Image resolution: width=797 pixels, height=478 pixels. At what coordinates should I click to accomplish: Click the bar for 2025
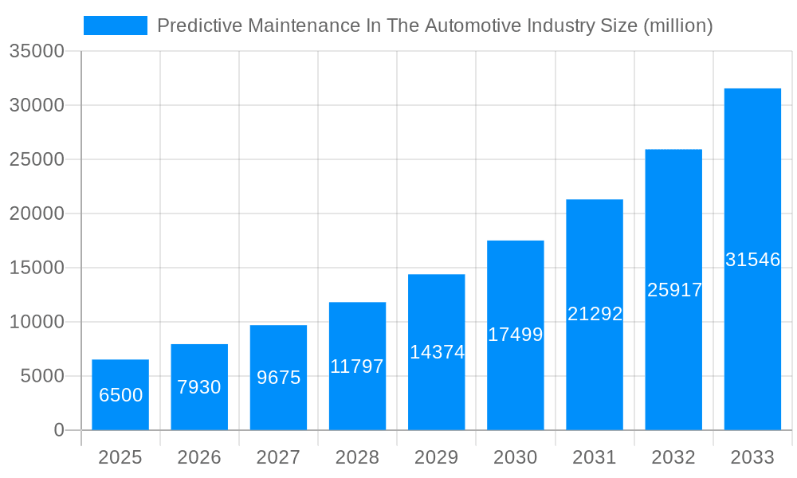point(120,414)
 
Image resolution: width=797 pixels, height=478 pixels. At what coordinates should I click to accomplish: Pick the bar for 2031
point(595,366)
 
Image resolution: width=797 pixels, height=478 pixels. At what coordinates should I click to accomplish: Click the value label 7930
point(199,387)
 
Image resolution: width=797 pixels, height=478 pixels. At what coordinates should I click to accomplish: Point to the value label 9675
point(278,378)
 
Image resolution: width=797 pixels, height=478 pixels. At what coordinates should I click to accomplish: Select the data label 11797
point(357,366)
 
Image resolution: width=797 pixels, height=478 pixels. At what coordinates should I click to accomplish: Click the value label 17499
point(515,335)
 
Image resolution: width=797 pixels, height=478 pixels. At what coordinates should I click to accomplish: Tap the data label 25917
point(674,290)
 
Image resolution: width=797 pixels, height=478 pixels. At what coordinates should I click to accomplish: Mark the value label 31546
point(752,260)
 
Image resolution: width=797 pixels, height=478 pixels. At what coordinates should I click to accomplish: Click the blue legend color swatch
point(116,25)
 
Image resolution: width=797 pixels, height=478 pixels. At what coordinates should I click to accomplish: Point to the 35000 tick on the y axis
point(36,51)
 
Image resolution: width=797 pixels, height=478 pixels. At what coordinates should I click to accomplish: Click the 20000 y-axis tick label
point(36,214)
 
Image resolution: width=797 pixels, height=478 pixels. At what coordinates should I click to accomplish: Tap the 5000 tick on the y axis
point(41,376)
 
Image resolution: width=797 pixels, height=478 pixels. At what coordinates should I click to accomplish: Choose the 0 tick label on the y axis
point(58,430)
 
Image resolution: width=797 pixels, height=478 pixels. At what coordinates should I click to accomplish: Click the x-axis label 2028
point(357,457)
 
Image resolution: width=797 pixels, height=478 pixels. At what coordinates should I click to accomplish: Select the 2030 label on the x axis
point(515,457)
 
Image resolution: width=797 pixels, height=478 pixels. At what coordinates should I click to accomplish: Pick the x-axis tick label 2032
point(673,457)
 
